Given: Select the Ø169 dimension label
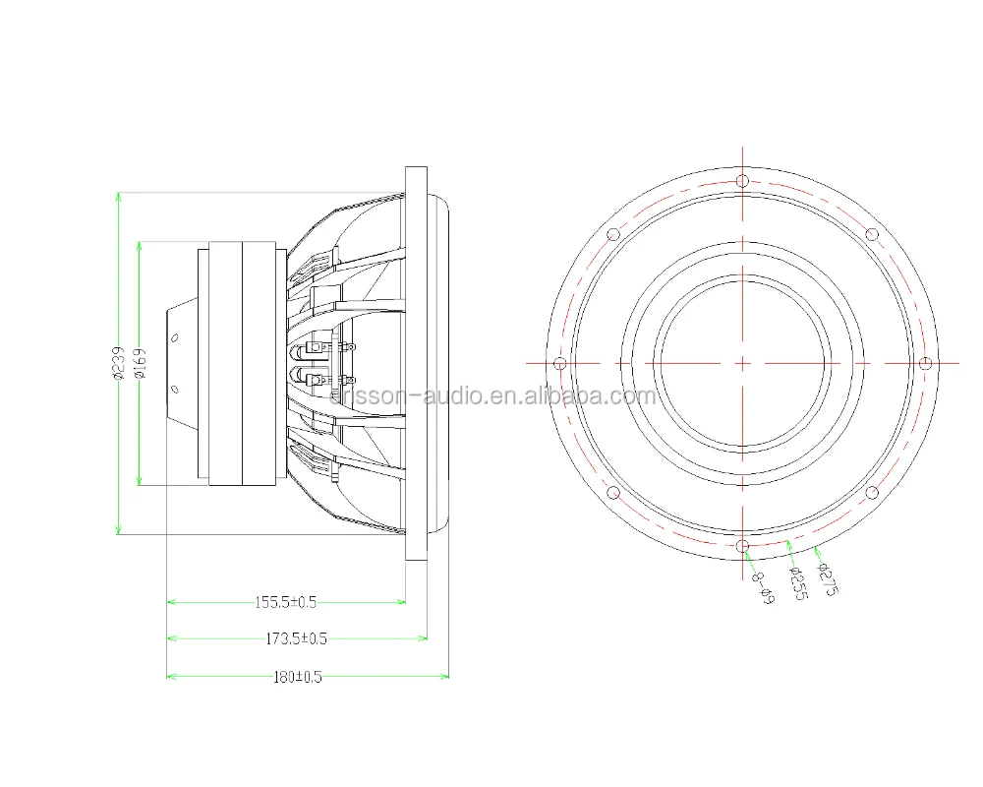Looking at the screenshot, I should click(140, 363).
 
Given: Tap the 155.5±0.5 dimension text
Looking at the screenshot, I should click(285, 601).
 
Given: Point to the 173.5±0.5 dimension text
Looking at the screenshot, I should click(296, 638).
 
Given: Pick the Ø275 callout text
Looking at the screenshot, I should click(826, 577).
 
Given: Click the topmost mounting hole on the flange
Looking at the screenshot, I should click(742, 181).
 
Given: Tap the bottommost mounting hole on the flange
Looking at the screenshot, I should click(742, 546).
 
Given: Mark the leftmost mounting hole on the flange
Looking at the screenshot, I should click(560, 364).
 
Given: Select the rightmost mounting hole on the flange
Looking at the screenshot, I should click(924, 364).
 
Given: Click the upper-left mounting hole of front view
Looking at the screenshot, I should click(613, 234).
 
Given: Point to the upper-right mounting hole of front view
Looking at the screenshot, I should click(871, 234).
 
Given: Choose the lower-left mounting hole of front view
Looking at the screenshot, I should click(613, 493).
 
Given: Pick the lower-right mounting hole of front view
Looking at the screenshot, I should click(871, 493).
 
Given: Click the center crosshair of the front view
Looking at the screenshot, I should click(742, 363).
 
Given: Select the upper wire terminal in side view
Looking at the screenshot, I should click(319, 347).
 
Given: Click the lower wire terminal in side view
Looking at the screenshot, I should click(319, 380).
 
